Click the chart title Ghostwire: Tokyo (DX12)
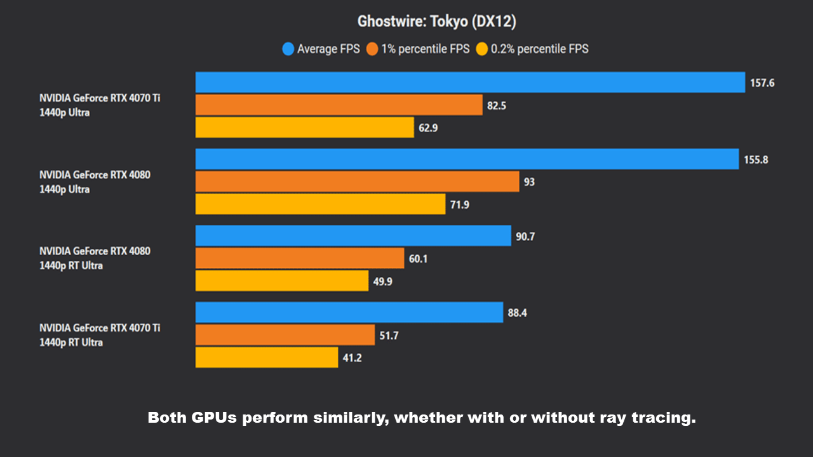[436, 22]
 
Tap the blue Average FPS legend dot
[288, 49]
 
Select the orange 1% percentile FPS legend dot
[372, 49]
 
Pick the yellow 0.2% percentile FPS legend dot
[482, 49]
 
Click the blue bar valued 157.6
[470, 83]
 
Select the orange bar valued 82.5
[339, 105]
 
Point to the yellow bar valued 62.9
[304, 128]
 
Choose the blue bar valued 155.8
[467, 159]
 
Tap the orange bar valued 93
[357, 182]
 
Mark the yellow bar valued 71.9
[320, 204]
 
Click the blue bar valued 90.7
[353, 235]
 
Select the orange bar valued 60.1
[299, 258]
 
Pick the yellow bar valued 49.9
[281, 281]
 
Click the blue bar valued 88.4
[349, 312]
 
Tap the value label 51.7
[389, 335]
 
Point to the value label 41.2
[353, 357]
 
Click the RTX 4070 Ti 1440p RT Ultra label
[100, 335]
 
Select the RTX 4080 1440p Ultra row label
[95, 182]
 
